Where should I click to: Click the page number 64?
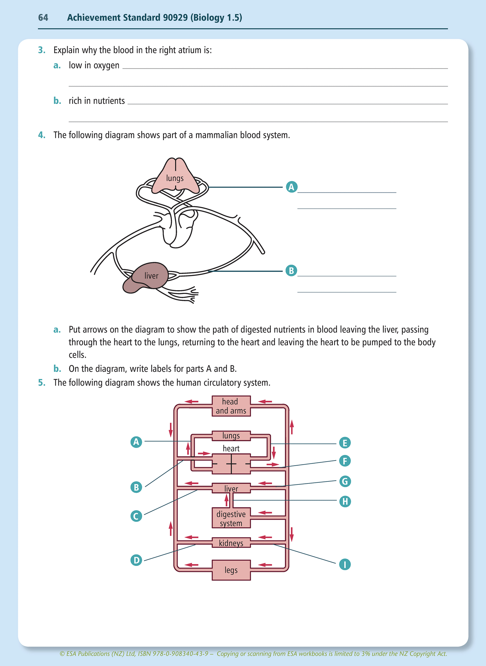click(x=43, y=17)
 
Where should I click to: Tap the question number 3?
click(x=41, y=50)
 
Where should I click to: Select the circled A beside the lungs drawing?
click(x=292, y=187)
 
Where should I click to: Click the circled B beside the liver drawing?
click(x=291, y=271)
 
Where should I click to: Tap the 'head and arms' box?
click(x=231, y=406)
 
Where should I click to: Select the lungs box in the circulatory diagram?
click(x=231, y=436)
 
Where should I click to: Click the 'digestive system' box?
click(x=231, y=518)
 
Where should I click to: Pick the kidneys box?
click(x=231, y=543)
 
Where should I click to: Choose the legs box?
click(x=231, y=570)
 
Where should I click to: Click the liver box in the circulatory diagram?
click(x=231, y=488)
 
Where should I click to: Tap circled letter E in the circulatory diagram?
click(x=345, y=443)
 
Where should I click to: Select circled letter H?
click(x=345, y=502)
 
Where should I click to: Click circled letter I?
click(x=345, y=564)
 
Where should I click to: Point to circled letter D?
click(x=136, y=560)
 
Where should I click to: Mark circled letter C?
click(x=136, y=516)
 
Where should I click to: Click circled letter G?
click(x=345, y=481)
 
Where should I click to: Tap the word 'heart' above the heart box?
click(x=231, y=448)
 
